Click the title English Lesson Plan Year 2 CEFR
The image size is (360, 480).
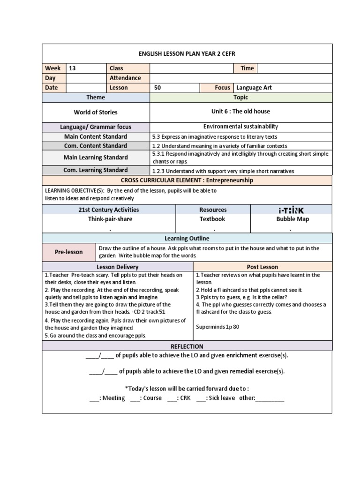187,53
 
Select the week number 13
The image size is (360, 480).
72,68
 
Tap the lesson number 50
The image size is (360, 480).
157,88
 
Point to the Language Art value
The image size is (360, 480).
254,88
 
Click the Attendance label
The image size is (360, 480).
125,78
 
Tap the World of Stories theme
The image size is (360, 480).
96,112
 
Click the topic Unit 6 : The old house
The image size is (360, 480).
240,112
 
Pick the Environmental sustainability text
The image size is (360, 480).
240,127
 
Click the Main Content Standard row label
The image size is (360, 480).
96,136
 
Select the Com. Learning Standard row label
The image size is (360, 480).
96,170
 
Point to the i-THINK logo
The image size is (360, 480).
291,210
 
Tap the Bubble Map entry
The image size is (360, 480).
292,219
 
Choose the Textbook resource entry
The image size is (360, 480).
212,219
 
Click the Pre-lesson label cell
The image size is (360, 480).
68,252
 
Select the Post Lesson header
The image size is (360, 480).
262,267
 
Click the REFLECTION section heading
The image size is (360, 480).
187,346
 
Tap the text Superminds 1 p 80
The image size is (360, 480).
217,327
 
